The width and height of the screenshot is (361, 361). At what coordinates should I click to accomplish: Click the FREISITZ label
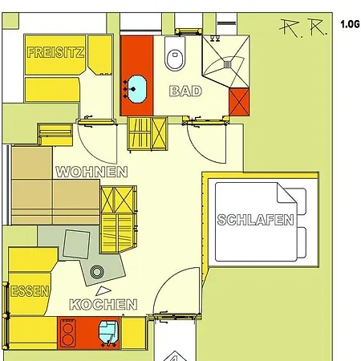tap(55, 52)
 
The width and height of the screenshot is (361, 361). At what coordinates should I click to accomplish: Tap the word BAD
tap(185, 91)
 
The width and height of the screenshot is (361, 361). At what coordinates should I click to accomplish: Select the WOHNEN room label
tap(91, 172)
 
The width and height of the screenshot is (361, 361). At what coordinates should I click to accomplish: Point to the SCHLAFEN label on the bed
tap(255, 220)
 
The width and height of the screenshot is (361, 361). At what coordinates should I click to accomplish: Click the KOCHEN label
tap(103, 304)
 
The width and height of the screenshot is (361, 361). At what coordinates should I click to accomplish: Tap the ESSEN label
tap(30, 291)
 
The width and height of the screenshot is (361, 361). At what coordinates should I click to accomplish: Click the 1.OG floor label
tap(350, 24)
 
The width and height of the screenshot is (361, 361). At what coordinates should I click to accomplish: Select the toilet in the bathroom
tap(175, 53)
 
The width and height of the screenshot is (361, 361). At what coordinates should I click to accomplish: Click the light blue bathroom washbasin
tap(137, 89)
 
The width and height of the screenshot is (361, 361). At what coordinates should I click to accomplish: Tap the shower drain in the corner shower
tap(228, 64)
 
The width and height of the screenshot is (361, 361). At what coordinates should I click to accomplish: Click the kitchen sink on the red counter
tap(108, 331)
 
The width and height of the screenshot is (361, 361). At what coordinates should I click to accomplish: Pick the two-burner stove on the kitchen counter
tap(68, 333)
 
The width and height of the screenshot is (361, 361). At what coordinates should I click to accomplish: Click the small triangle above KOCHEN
tap(103, 291)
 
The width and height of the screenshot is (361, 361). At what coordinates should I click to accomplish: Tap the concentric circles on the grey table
tap(96, 272)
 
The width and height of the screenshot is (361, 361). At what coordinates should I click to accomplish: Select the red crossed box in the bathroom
tap(239, 102)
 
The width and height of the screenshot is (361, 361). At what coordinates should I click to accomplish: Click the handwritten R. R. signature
tap(303, 27)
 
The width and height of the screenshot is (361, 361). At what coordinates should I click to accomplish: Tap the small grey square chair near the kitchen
tap(76, 244)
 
